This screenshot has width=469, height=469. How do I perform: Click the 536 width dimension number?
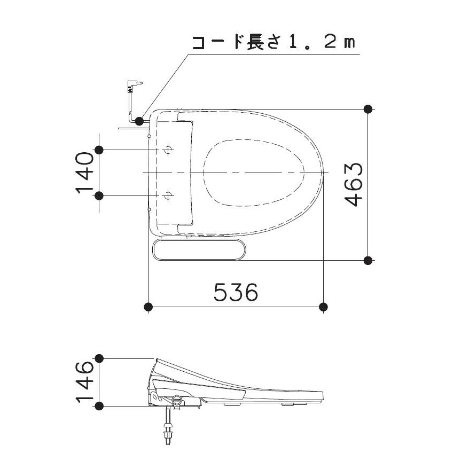tap(236, 292)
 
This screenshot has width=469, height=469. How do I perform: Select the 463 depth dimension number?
tap(354, 185)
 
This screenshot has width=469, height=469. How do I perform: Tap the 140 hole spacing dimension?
tap(84, 173)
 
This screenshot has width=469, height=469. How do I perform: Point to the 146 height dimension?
tap(84, 382)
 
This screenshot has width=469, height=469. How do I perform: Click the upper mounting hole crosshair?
tap(168, 150)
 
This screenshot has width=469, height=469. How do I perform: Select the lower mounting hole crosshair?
tap(168, 196)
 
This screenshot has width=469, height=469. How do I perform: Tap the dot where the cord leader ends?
tap(139, 121)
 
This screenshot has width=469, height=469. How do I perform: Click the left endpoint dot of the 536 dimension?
tap(148, 307)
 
